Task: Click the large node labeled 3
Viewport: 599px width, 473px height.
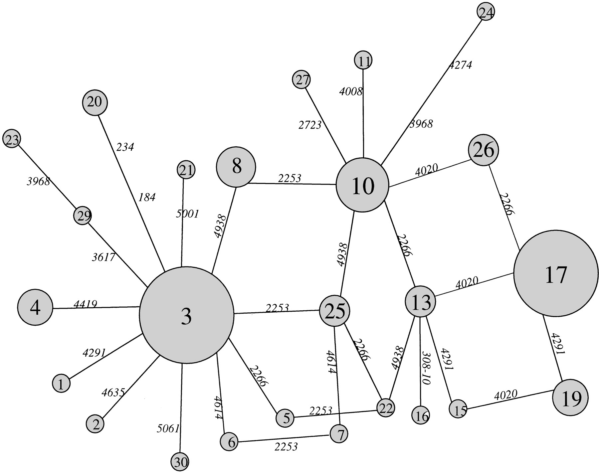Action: [x=186, y=315]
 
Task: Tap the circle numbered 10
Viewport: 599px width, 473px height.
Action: [x=363, y=185]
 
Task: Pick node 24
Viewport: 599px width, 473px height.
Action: [x=486, y=12]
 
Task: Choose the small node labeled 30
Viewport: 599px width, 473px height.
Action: [x=180, y=462]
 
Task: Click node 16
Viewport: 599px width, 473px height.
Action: [x=421, y=415]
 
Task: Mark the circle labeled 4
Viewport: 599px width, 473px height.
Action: [x=35, y=308]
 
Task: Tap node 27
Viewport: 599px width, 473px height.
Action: [x=301, y=80]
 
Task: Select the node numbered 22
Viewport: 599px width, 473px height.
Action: [x=385, y=408]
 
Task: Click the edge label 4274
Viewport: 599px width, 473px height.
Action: [x=460, y=64]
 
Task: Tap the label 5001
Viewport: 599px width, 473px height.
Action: [x=187, y=214]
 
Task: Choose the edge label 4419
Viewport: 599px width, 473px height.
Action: [x=85, y=304]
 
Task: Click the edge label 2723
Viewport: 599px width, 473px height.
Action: [x=310, y=125]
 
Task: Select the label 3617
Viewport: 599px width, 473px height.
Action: [x=103, y=257]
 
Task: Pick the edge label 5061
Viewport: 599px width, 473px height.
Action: [x=168, y=428]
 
